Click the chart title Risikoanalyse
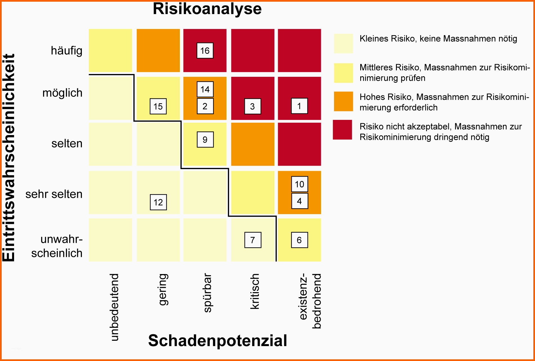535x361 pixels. (x=207, y=9)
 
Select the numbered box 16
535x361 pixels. (x=205, y=51)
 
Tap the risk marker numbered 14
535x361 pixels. (x=205, y=89)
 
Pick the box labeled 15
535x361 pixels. (x=158, y=106)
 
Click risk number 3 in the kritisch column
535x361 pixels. (x=252, y=106)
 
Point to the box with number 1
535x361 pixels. (x=299, y=106)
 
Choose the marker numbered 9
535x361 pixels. (x=205, y=140)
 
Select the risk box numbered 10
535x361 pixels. (x=299, y=184)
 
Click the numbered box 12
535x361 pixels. (x=158, y=202)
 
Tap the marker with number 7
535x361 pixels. (x=253, y=240)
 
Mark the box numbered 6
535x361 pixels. (x=299, y=240)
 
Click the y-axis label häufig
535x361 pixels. (x=67, y=51)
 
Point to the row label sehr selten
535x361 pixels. (x=54, y=194)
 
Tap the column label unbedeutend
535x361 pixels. (x=114, y=307)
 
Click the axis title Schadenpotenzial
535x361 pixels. (x=218, y=341)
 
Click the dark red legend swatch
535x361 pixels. (x=343, y=130)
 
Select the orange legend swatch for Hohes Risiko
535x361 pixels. (x=343, y=101)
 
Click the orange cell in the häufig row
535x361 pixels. (x=158, y=51)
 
